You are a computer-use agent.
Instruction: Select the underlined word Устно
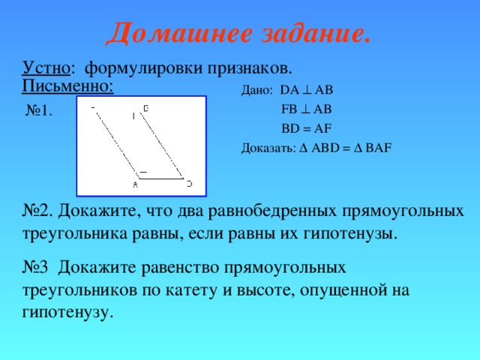coord(46,68)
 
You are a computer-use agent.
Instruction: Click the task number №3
coord(37,268)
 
